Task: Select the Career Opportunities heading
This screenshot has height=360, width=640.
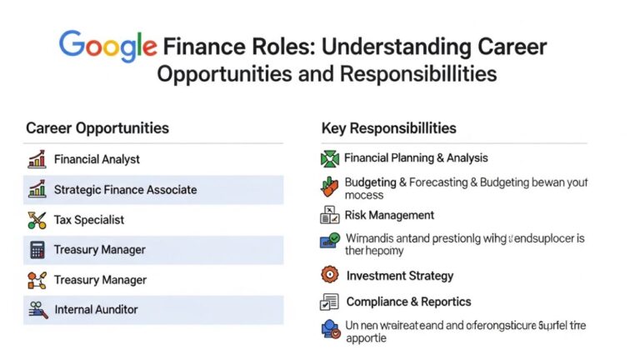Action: tap(97, 128)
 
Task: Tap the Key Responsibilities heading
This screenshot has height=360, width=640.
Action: tap(388, 128)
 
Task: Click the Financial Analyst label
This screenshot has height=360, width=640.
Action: tap(97, 159)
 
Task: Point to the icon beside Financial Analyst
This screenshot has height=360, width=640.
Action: tap(37, 159)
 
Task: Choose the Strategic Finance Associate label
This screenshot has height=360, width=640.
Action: tap(125, 190)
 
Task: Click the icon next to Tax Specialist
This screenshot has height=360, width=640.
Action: tap(37, 220)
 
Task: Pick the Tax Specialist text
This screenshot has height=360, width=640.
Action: tap(88, 220)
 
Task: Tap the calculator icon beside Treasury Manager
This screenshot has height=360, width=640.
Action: tap(37, 250)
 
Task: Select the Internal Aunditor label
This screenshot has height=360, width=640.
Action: tap(96, 310)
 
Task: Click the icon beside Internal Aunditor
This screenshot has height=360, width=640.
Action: tap(37, 310)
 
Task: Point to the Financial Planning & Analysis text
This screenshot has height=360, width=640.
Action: tap(416, 158)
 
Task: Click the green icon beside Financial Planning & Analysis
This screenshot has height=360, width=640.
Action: tap(330, 158)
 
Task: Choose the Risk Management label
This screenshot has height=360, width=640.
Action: tap(389, 216)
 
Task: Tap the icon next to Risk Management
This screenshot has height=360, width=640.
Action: tap(330, 216)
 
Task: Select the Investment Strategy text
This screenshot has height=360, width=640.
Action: tap(400, 276)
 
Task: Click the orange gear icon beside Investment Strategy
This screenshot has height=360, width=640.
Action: tap(330, 275)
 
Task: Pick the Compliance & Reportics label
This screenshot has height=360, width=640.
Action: tap(408, 302)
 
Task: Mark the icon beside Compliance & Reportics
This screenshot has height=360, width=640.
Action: tap(330, 302)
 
